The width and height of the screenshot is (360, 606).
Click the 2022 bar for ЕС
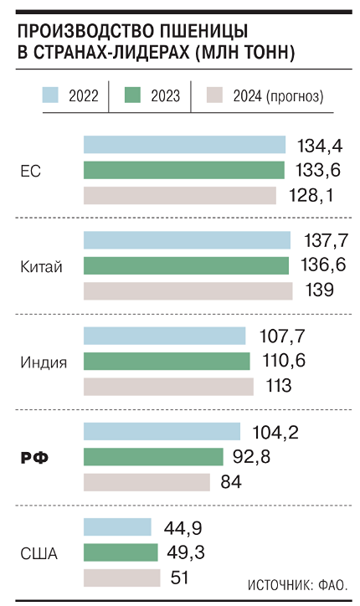click(184, 145)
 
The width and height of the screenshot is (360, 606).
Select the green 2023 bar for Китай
click(186, 266)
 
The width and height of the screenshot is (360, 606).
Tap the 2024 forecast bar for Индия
click(167, 386)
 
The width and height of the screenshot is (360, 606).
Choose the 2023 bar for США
click(121, 552)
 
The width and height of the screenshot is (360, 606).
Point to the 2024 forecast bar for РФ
click(147, 482)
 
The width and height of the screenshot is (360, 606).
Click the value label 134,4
click(320, 146)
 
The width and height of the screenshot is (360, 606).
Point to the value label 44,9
click(183, 528)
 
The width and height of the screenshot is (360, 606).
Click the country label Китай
click(40, 267)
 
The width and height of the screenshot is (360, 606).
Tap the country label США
click(38, 553)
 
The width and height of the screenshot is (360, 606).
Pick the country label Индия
click(44, 362)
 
